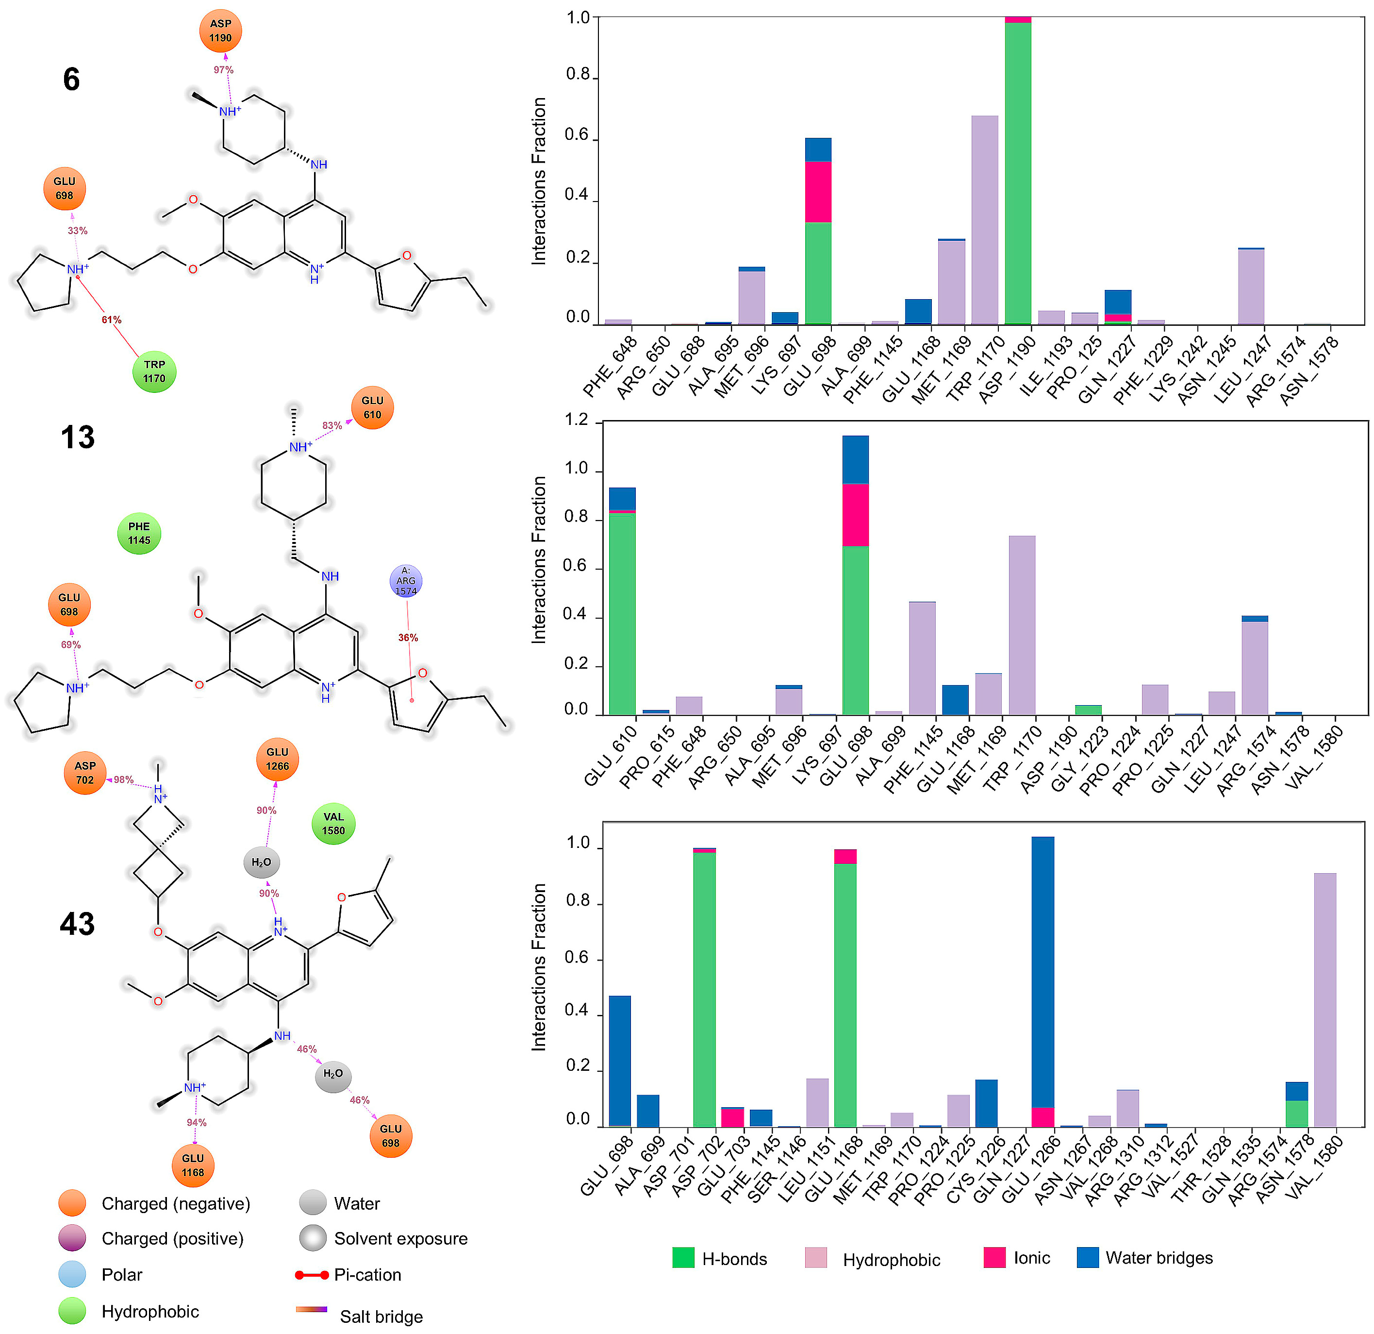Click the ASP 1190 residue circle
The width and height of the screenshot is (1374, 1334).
click(x=220, y=32)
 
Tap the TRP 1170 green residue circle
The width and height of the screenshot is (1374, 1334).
click(x=154, y=371)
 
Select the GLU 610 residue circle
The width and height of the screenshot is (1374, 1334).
click(x=372, y=407)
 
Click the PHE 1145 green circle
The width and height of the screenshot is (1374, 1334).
click(x=139, y=533)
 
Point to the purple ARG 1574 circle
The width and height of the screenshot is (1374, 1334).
click(x=406, y=581)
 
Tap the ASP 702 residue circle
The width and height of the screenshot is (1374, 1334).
click(x=85, y=773)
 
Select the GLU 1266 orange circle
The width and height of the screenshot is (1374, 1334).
click(x=277, y=759)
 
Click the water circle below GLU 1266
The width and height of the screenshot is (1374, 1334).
click(x=262, y=862)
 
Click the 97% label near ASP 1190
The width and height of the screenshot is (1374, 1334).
click(x=224, y=70)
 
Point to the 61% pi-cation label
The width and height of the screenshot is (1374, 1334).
click(x=112, y=320)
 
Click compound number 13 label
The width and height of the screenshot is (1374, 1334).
click(x=77, y=438)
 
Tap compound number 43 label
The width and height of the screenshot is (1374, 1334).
click(x=77, y=925)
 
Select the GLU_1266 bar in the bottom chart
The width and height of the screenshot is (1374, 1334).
click(x=1043, y=982)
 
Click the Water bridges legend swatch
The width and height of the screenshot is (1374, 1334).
click(x=1087, y=1258)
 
